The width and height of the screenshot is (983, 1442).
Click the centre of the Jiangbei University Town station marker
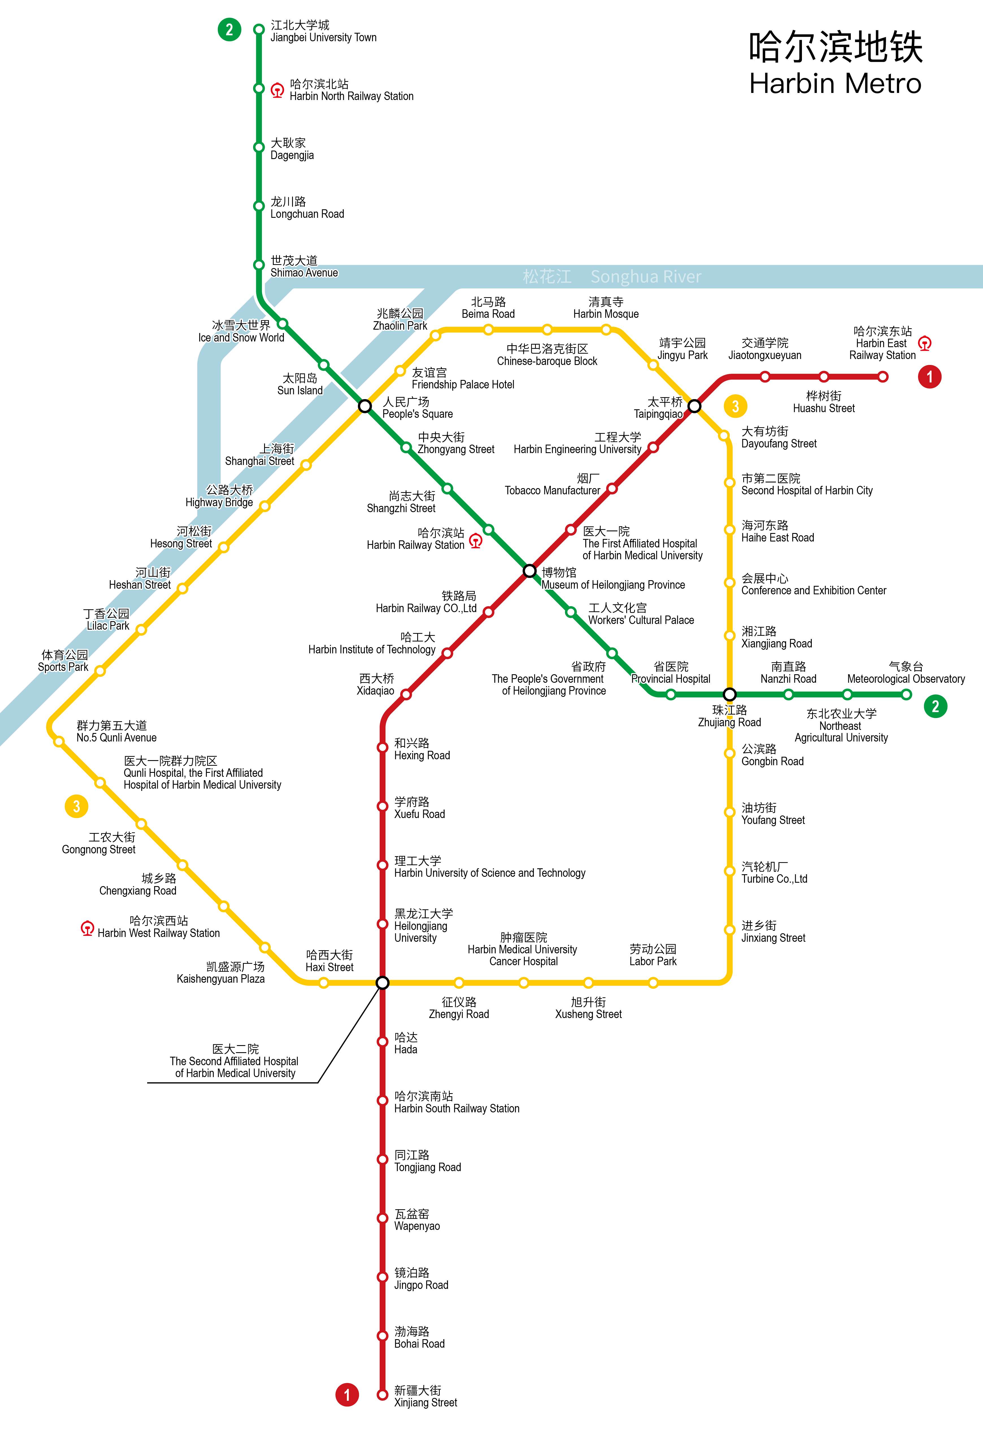click(259, 29)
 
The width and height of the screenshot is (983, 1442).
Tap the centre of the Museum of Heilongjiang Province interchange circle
click(529, 570)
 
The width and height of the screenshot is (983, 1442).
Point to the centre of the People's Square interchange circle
click(365, 406)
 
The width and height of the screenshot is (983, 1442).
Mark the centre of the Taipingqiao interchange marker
click(694, 406)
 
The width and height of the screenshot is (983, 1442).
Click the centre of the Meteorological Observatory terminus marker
click(906, 694)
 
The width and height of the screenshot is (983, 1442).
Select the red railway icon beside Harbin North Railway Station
click(277, 91)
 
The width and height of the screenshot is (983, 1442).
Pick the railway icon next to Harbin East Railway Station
click(925, 343)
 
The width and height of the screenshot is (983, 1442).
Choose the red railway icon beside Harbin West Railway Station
click(88, 928)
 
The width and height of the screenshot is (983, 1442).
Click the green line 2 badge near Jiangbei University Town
click(229, 29)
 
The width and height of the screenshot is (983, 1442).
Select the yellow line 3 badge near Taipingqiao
click(735, 406)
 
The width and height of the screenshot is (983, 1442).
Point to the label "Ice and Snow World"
click(242, 338)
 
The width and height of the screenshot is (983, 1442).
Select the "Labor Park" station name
click(653, 961)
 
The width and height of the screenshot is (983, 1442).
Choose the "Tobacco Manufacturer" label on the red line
click(552, 490)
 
